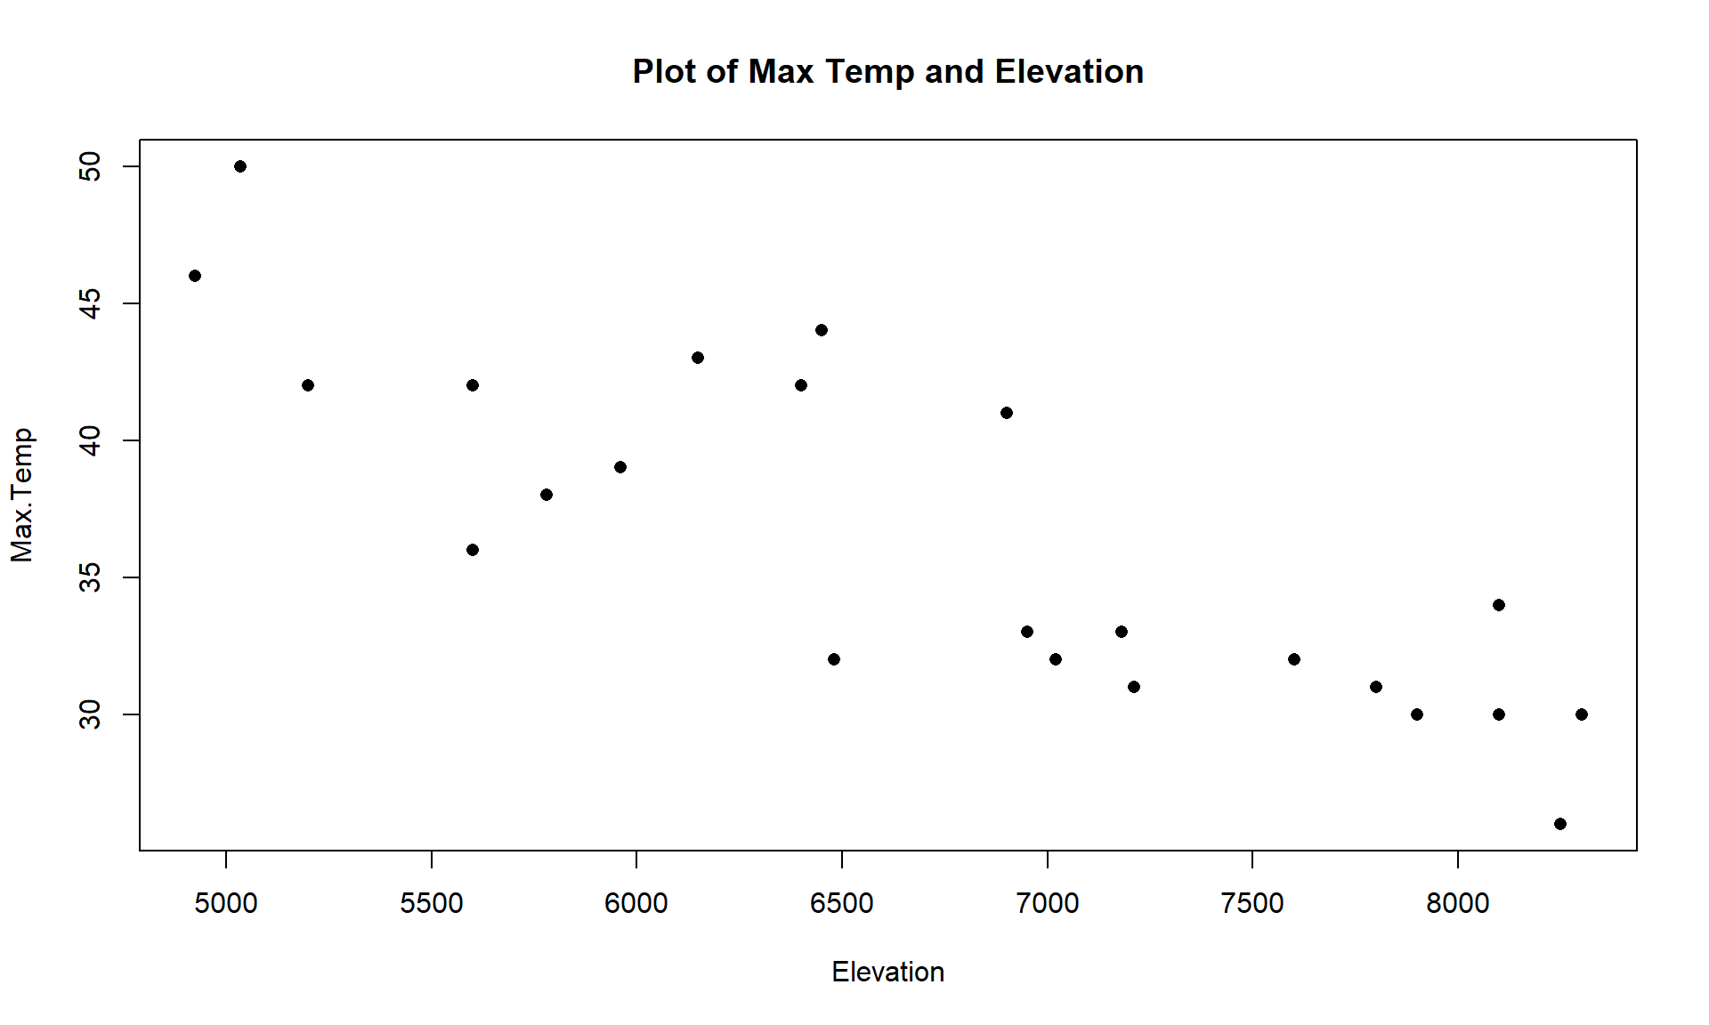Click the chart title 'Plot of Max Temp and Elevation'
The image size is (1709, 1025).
pos(887,72)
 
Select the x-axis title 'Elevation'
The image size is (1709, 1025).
pos(887,972)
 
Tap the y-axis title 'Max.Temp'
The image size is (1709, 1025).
pos(22,495)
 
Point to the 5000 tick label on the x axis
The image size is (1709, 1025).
pos(226,903)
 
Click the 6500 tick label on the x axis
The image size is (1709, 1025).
pos(841,903)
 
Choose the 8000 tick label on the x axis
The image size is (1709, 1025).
pos(1457,903)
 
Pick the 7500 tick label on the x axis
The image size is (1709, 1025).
pos(1252,903)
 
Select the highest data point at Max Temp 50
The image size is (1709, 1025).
pos(240,166)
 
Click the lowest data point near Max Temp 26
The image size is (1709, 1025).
pos(1560,824)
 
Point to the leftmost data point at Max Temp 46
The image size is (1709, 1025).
pos(195,276)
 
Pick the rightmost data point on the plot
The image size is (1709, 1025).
pos(1582,714)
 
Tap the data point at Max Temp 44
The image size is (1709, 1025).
pos(822,330)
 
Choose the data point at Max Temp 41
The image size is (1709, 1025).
pos(1007,413)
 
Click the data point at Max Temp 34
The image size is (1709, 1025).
pos(1499,605)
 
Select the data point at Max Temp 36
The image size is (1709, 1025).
pos(473,550)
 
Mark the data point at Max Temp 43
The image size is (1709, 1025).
pos(698,358)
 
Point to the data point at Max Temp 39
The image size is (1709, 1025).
pos(620,467)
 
